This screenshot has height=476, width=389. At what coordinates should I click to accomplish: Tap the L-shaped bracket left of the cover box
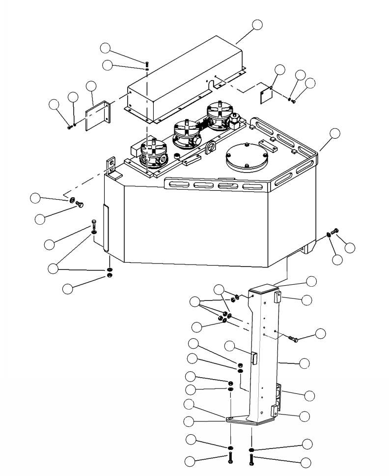98,116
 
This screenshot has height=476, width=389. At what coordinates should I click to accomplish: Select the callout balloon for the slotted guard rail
334,133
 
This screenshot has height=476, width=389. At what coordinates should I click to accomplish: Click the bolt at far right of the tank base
335,231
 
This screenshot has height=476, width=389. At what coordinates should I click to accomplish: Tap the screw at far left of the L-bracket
69,127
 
